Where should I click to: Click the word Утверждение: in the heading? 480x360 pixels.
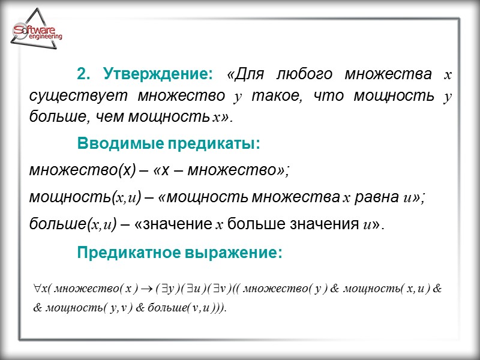point(158,74)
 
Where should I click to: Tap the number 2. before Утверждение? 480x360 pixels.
point(83,74)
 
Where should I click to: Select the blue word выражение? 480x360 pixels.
point(239,253)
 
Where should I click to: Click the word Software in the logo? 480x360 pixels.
point(35,30)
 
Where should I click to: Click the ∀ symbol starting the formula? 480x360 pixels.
point(38,289)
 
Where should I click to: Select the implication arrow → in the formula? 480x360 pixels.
point(145,289)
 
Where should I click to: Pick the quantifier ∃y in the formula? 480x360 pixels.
point(165,289)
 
